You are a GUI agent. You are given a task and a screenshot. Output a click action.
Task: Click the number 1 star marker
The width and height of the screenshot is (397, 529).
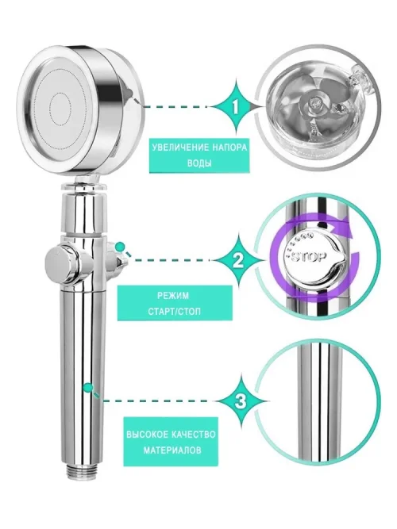point(236,107)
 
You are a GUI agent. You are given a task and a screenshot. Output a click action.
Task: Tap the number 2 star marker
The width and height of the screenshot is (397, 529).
point(239,260)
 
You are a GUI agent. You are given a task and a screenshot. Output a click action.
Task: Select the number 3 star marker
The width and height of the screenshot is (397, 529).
point(241,401)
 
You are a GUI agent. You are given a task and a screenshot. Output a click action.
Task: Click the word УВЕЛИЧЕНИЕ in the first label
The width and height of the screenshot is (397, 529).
point(173,148)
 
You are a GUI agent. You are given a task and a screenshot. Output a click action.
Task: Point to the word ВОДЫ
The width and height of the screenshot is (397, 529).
point(199,163)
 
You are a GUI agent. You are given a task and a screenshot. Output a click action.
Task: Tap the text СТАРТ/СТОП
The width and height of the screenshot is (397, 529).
point(175,311)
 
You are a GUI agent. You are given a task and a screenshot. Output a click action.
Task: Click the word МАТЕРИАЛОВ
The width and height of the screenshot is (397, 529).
point(172,450)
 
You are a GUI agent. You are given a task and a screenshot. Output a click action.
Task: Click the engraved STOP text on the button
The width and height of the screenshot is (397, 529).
point(309,256)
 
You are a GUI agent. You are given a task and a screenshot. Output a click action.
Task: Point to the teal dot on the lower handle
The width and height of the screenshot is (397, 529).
point(88,387)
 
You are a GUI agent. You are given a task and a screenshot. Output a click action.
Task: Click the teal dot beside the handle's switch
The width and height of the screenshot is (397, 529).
point(119,246)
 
